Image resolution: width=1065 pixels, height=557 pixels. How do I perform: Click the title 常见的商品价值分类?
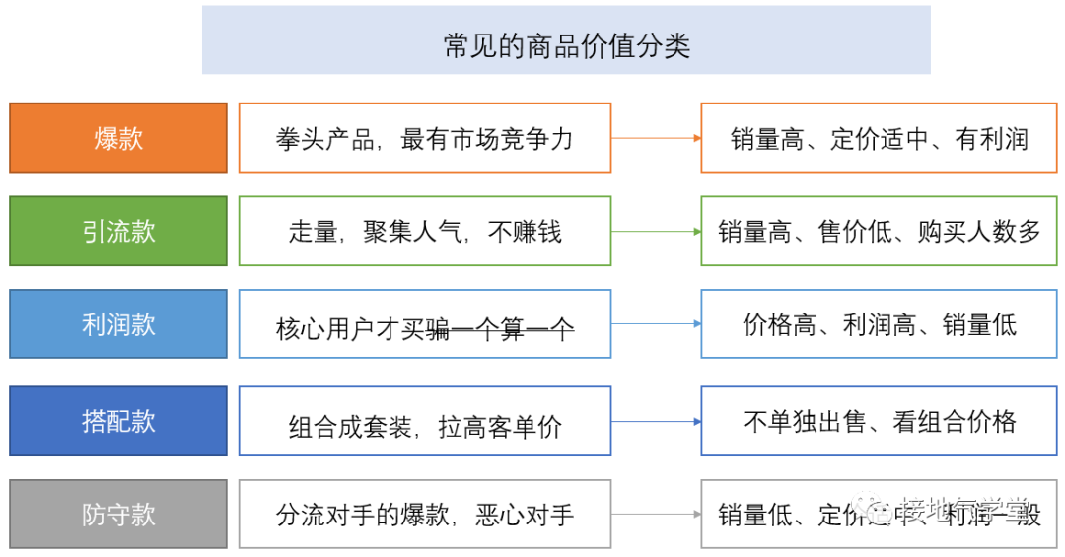pos(566,40)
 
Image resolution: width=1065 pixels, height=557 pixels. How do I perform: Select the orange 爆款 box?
pos(118,137)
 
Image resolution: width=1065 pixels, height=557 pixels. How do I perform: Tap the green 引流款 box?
pos(118,231)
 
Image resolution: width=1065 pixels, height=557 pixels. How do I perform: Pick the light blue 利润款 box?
pos(118,323)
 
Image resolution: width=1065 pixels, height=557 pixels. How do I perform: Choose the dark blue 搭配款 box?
pos(118,421)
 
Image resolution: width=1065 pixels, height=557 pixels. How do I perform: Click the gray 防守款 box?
pos(118,514)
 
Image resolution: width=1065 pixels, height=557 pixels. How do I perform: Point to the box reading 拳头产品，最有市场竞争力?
pos(424,137)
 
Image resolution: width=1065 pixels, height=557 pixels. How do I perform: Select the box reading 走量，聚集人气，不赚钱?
pos(424,231)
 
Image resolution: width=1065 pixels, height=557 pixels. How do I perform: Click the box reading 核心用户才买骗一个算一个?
pos(424,324)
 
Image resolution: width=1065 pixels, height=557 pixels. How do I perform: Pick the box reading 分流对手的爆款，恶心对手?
pos(424,514)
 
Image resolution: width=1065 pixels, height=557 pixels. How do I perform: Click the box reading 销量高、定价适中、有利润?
pos(879,137)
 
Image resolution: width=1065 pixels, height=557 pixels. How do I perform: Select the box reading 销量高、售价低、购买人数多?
pos(879,231)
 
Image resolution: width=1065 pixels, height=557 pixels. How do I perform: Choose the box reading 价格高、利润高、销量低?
pos(879,323)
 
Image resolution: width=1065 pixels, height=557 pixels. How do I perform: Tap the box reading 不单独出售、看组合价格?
pos(879,421)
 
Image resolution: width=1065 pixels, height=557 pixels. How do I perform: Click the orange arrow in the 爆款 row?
pos(656,138)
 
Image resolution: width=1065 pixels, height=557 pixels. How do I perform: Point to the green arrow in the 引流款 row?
pos(656,232)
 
